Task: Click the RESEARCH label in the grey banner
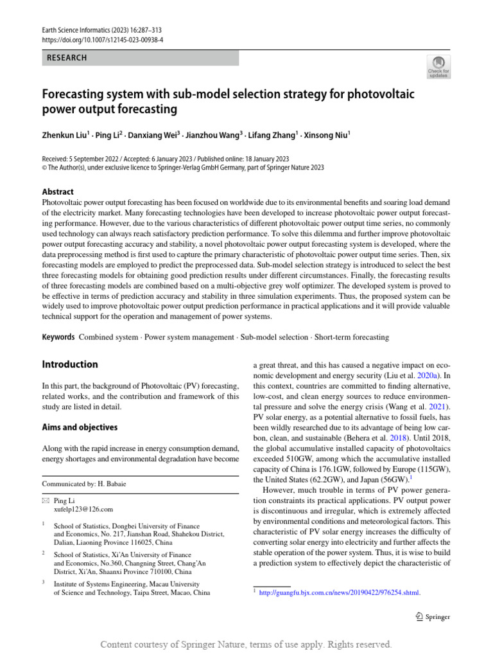pyautogui.click(x=67, y=58)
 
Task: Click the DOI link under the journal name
pyautogui.click(x=103, y=39)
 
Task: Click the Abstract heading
pyautogui.click(x=58, y=191)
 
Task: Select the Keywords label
pyautogui.click(x=58, y=337)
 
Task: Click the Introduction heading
pyautogui.click(x=70, y=364)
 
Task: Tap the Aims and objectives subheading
pyautogui.click(x=80, y=427)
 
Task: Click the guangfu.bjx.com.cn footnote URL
pyautogui.click(x=339, y=592)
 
